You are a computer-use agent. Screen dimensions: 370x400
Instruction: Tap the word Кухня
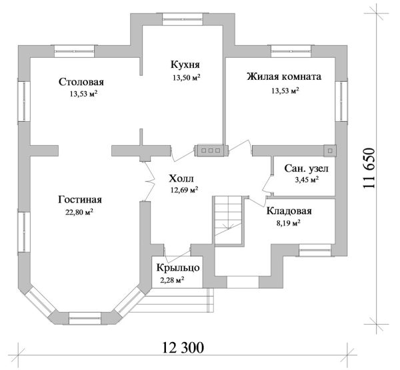pyautogui.click(x=183, y=65)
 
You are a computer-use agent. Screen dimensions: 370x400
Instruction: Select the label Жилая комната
pyautogui.click(x=284, y=77)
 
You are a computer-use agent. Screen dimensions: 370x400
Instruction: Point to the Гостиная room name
pyautogui.click(x=79, y=200)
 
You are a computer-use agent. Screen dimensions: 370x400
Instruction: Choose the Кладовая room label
pyautogui.click(x=289, y=212)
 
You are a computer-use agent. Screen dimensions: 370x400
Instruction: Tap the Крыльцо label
pyautogui.click(x=176, y=268)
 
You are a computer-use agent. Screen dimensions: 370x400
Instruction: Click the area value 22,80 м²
pyautogui.click(x=79, y=213)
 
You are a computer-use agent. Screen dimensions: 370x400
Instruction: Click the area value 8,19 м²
pyautogui.click(x=289, y=224)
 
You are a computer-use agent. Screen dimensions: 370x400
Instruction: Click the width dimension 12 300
pyautogui.click(x=182, y=348)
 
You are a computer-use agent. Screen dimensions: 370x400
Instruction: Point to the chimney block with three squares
pyautogui.click(x=210, y=150)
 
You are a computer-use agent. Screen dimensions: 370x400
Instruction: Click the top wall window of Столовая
pyautogui.click(x=73, y=49)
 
